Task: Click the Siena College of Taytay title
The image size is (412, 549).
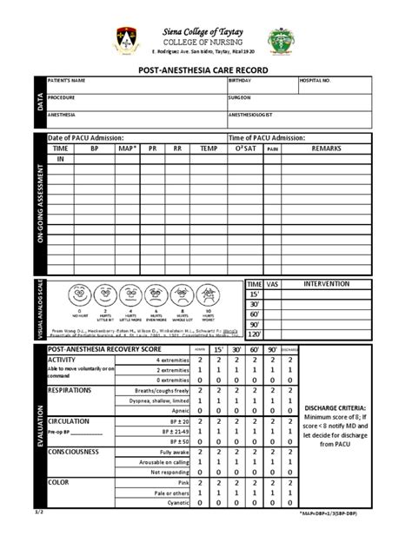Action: (x=205, y=32)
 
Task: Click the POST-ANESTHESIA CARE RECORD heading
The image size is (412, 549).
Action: (x=205, y=67)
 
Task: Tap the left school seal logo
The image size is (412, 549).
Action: (x=126, y=40)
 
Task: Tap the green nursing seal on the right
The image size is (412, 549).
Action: (x=284, y=40)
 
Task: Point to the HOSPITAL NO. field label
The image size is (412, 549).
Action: (x=315, y=81)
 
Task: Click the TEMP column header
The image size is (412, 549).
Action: (x=209, y=149)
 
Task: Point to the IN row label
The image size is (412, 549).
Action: (x=61, y=160)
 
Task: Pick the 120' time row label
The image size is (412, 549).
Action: (x=254, y=334)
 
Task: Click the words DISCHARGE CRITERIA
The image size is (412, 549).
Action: (x=336, y=407)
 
